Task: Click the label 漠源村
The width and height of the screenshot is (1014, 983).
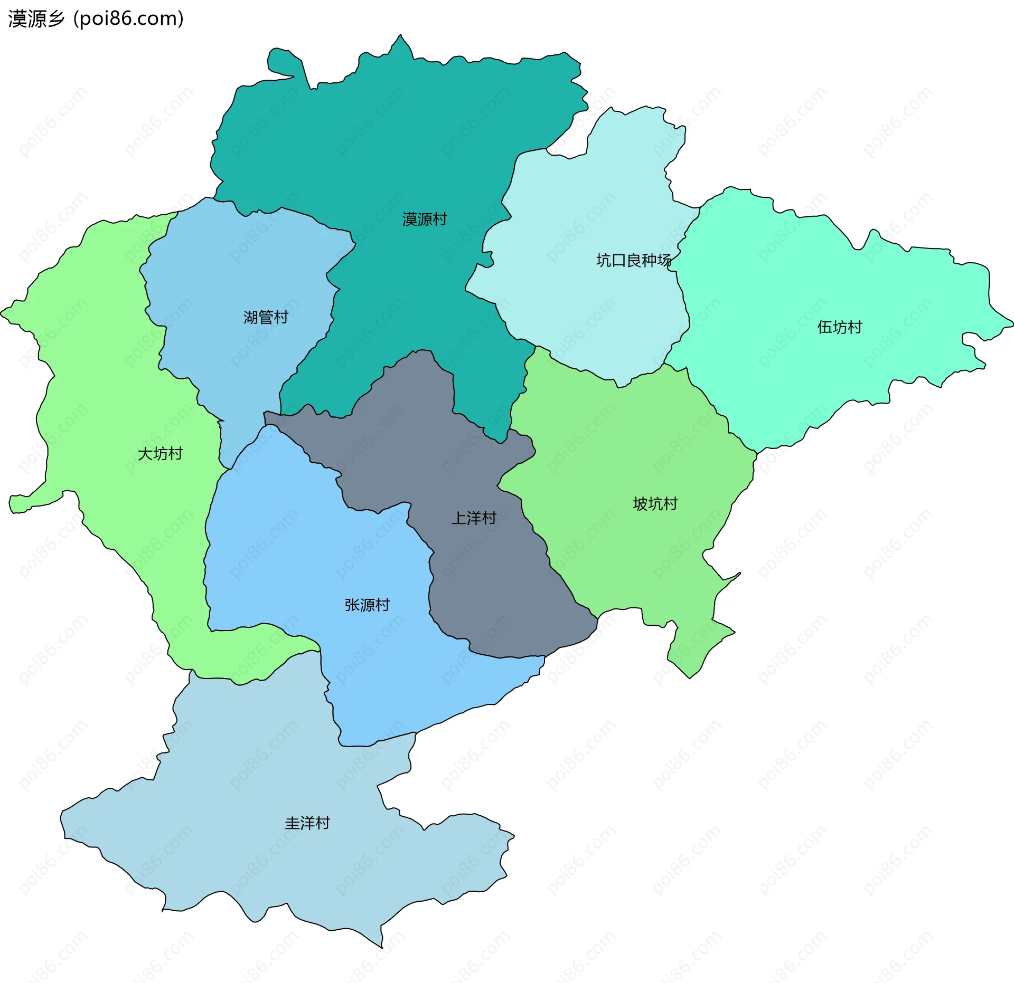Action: tap(424, 219)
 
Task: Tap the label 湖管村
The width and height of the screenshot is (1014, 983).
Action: tap(266, 317)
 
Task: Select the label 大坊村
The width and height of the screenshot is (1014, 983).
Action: tap(160, 454)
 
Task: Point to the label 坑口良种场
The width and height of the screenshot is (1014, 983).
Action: tap(633, 260)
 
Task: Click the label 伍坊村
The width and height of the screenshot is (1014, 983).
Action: tap(839, 327)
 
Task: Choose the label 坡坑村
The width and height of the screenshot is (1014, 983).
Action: tap(655, 504)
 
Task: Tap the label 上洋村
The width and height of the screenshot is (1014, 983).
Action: tap(474, 518)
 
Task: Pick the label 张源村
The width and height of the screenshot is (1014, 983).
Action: tap(367, 605)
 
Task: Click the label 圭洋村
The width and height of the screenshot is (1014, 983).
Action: tap(307, 823)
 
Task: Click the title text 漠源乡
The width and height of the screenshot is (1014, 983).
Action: tap(36, 19)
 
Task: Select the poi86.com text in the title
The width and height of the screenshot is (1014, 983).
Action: tap(128, 19)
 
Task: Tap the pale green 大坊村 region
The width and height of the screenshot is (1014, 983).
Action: tap(106, 369)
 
